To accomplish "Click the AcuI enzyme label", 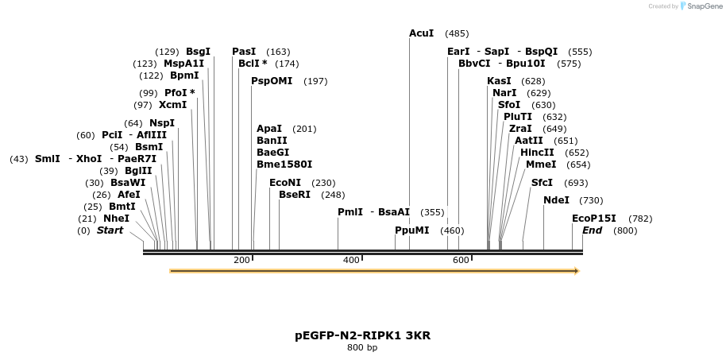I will tap(421, 33).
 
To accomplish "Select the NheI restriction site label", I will tap(116, 219).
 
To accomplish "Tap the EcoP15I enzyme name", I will tap(594, 219).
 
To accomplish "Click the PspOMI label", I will tap(272, 81).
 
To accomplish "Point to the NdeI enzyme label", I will tap(556, 200).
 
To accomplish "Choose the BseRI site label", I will tap(295, 195).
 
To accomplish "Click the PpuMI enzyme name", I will tap(412, 230).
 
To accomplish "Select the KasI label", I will tap(499, 81).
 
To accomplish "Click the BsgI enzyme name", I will tap(198, 52).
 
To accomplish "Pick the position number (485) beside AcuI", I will tap(457, 33).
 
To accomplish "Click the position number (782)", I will tap(640, 219).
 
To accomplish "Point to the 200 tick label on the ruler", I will tap(241, 261).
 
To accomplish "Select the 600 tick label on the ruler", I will tap(461, 261).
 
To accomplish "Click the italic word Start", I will tap(110, 230).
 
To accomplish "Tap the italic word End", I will tap(592, 230).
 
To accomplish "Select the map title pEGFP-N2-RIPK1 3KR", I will tap(362, 335).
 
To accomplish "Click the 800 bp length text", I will tap(362, 348).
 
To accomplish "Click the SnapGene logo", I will tap(700, 6).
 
